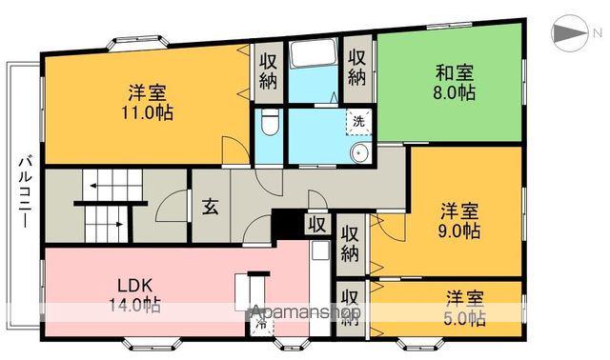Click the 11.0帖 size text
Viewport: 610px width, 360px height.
tap(147, 110)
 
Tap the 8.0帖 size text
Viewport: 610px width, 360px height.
tap(454, 92)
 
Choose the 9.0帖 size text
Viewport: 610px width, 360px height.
tap(459, 230)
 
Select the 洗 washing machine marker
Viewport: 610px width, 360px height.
tap(358, 120)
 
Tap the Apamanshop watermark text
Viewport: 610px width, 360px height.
tap(304, 312)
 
